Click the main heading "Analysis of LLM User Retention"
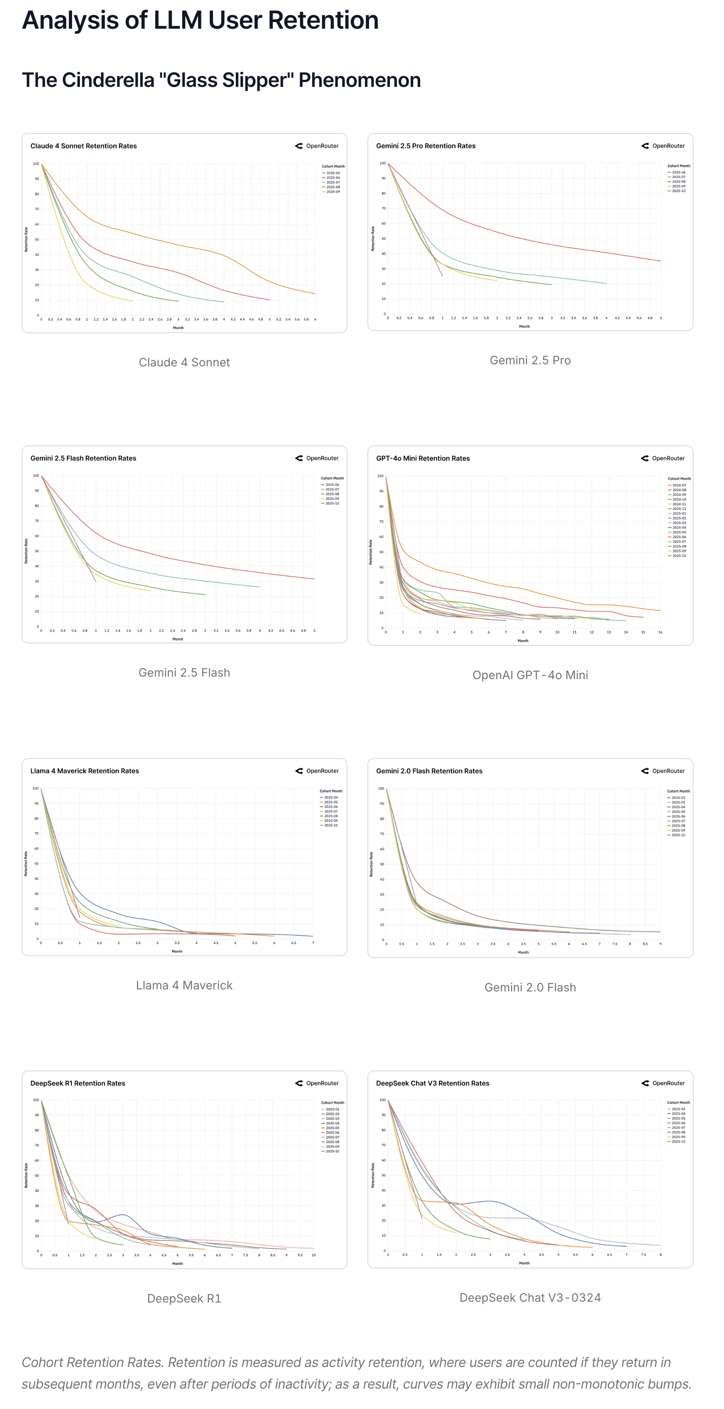(200, 20)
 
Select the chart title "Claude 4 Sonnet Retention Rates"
(83, 146)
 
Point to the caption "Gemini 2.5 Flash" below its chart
(184, 673)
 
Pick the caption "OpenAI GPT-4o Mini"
(530, 675)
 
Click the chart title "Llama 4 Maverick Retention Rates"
(84, 771)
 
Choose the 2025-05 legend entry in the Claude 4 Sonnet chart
(333, 173)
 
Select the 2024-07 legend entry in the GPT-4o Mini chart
(679, 485)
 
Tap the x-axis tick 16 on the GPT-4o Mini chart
(660, 632)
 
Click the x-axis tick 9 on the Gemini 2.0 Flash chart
(660, 944)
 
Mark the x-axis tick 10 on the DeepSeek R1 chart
(314, 1255)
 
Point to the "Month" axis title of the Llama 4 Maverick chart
(177, 951)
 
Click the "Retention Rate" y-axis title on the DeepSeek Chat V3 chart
(373, 1175)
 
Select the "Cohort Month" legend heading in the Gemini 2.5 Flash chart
(332, 478)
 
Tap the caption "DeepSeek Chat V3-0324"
(530, 1298)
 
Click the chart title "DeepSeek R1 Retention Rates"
(78, 1083)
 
